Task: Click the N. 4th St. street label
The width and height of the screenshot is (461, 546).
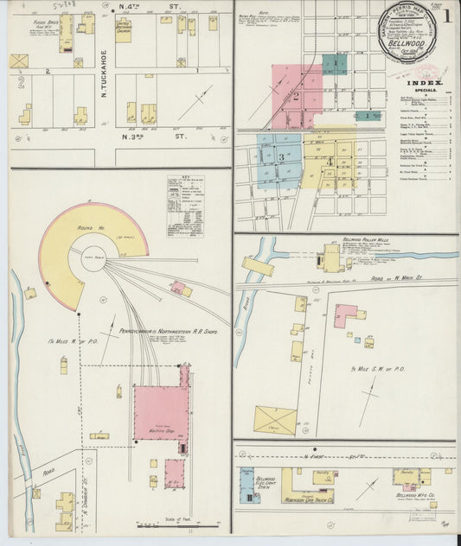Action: pos(159,8)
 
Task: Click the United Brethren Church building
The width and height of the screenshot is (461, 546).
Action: pos(124,29)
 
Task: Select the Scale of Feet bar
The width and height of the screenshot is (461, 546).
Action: pos(174,524)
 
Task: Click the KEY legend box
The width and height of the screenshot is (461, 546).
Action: pos(186,195)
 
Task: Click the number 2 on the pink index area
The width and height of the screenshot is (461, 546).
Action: pos(295,97)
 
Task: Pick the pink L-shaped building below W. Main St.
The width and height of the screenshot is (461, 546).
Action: pos(345,314)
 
